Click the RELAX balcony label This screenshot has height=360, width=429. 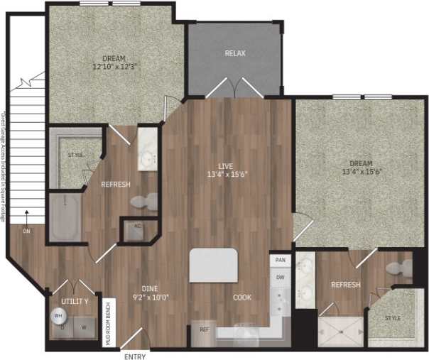coord(235,54)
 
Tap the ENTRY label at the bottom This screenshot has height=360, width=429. coord(134,355)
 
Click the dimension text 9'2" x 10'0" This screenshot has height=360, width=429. coord(150,298)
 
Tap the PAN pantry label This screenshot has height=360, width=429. coord(280,261)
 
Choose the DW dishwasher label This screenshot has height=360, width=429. coord(280,277)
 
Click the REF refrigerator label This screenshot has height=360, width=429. coord(204,329)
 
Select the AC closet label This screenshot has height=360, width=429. coord(138,229)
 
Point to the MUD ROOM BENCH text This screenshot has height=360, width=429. coord(108,321)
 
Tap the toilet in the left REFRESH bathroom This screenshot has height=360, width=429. coord(146,202)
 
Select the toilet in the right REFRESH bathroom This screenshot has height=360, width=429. coord(403,268)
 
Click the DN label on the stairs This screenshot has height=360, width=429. coord(26,231)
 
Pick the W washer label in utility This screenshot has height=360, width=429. coord(85,327)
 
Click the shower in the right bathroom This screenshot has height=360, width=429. coord(340,329)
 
